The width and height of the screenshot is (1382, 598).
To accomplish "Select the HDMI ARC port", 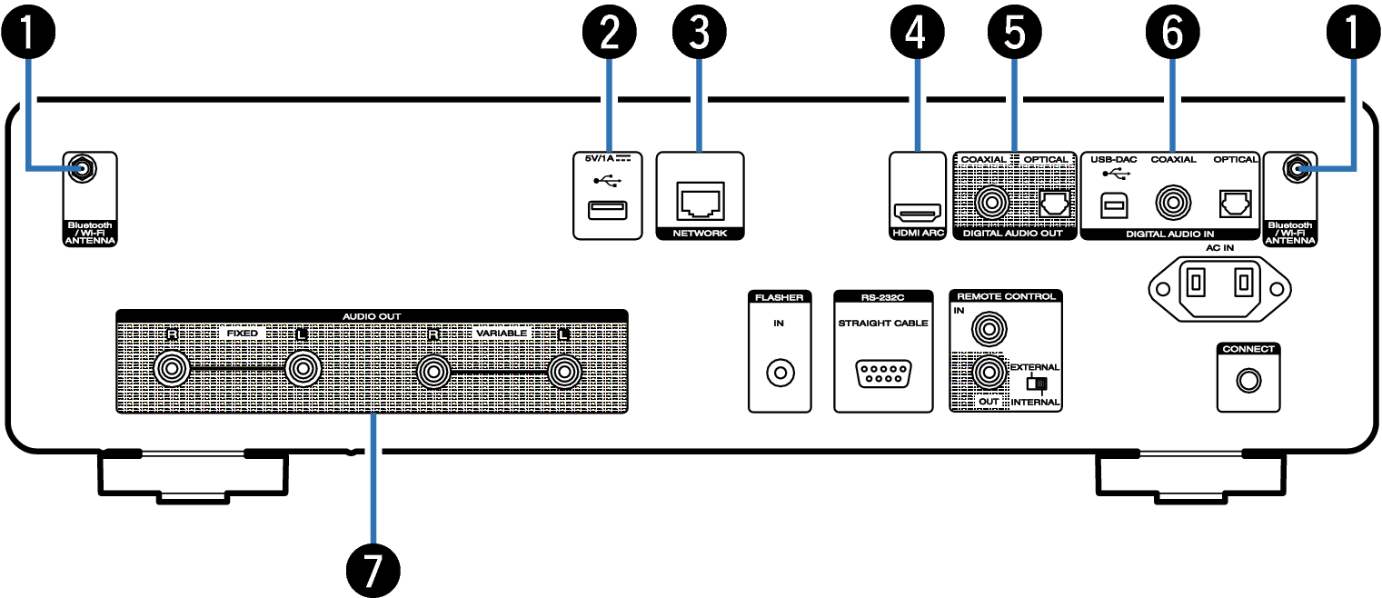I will (x=919, y=214).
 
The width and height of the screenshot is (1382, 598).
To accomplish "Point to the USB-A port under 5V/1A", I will (x=605, y=211).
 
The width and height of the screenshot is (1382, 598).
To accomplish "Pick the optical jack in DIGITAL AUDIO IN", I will (x=1234, y=204).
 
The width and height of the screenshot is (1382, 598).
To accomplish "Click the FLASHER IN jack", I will (x=780, y=373).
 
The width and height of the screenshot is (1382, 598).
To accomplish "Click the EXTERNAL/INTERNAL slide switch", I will (x=1032, y=384).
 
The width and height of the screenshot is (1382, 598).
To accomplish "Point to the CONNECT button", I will (x=1248, y=382).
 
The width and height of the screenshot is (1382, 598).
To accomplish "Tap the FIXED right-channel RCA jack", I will (x=171, y=370).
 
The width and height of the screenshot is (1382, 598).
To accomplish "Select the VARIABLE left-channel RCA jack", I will (x=564, y=371).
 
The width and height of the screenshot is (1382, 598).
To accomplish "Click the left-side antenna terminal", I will (x=82, y=168).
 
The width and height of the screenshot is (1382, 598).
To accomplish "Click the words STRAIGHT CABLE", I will (x=882, y=323).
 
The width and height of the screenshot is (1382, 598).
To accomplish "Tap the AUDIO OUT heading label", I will (x=372, y=316).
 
